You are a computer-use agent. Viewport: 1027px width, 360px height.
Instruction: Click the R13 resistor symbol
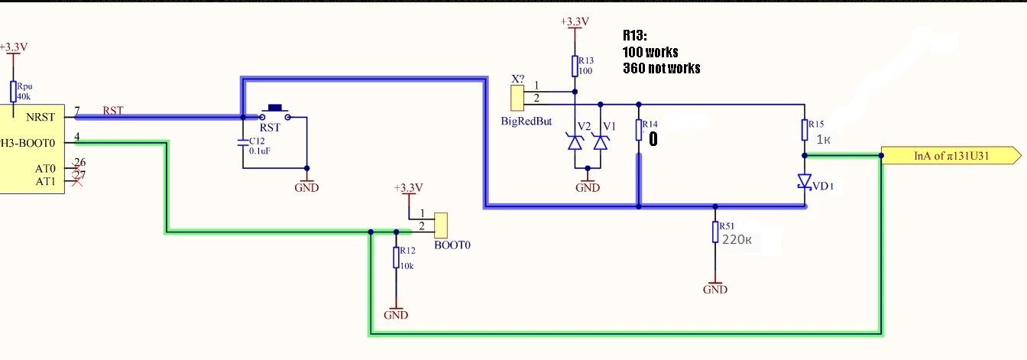tap(575, 66)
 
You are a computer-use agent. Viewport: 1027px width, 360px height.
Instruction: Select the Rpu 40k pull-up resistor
tap(13, 91)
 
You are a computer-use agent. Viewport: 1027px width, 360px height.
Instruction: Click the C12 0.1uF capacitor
tap(243, 143)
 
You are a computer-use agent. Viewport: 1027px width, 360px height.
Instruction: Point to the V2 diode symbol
tap(575, 142)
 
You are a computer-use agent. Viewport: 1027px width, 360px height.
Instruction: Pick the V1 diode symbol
tap(601, 142)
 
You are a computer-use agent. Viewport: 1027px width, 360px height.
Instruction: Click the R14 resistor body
tap(639, 130)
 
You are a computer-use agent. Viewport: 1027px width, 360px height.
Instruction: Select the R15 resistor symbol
tap(805, 130)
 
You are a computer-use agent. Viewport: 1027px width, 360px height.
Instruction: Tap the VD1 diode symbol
tap(805, 182)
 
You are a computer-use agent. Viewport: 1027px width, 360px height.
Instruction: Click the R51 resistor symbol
tap(715, 232)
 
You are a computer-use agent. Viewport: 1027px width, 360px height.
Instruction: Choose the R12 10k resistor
tap(396, 258)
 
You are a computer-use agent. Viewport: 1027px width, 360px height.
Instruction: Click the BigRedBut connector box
tap(517, 98)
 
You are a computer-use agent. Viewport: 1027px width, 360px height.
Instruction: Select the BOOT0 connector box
tap(441, 225)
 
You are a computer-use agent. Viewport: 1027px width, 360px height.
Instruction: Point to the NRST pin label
tap(40, 118)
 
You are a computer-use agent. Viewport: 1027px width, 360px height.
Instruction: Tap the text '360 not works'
tap(662, 68)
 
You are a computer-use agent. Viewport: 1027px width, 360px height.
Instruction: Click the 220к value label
tap(737, 239)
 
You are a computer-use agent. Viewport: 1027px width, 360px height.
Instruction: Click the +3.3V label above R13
tap(575, 21)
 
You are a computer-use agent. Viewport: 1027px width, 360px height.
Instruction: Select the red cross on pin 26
tap(77, 168)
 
